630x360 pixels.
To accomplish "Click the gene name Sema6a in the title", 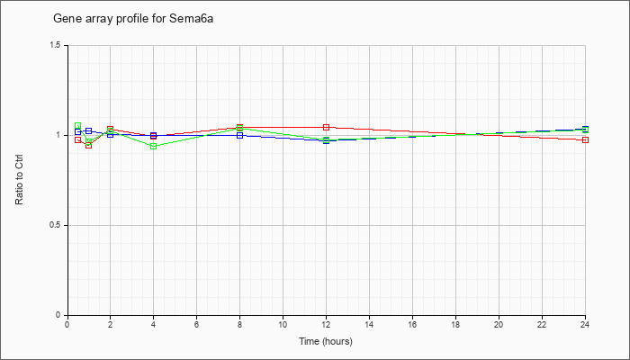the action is coord(191,19).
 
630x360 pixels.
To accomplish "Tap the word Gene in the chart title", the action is coord(64,19).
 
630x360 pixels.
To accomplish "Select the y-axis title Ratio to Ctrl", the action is coord(19,180).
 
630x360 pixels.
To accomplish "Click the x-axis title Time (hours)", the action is coord(326,341).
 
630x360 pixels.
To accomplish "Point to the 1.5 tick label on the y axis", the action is coord(56,45).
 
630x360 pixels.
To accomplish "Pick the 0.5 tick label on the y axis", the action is coord(56,225).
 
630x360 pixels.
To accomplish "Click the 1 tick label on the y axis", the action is coord(58,135).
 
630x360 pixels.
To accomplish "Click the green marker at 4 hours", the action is coord(154,146).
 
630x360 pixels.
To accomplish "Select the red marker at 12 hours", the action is coord(326,128).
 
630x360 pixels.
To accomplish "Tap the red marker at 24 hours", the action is coord(585,139).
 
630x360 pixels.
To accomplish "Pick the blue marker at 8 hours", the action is coord(240,135).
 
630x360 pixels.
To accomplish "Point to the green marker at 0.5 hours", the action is coord(78,126).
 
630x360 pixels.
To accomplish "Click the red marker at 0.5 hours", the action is coord(78,139).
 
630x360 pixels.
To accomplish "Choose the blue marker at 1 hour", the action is coord(89,131).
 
